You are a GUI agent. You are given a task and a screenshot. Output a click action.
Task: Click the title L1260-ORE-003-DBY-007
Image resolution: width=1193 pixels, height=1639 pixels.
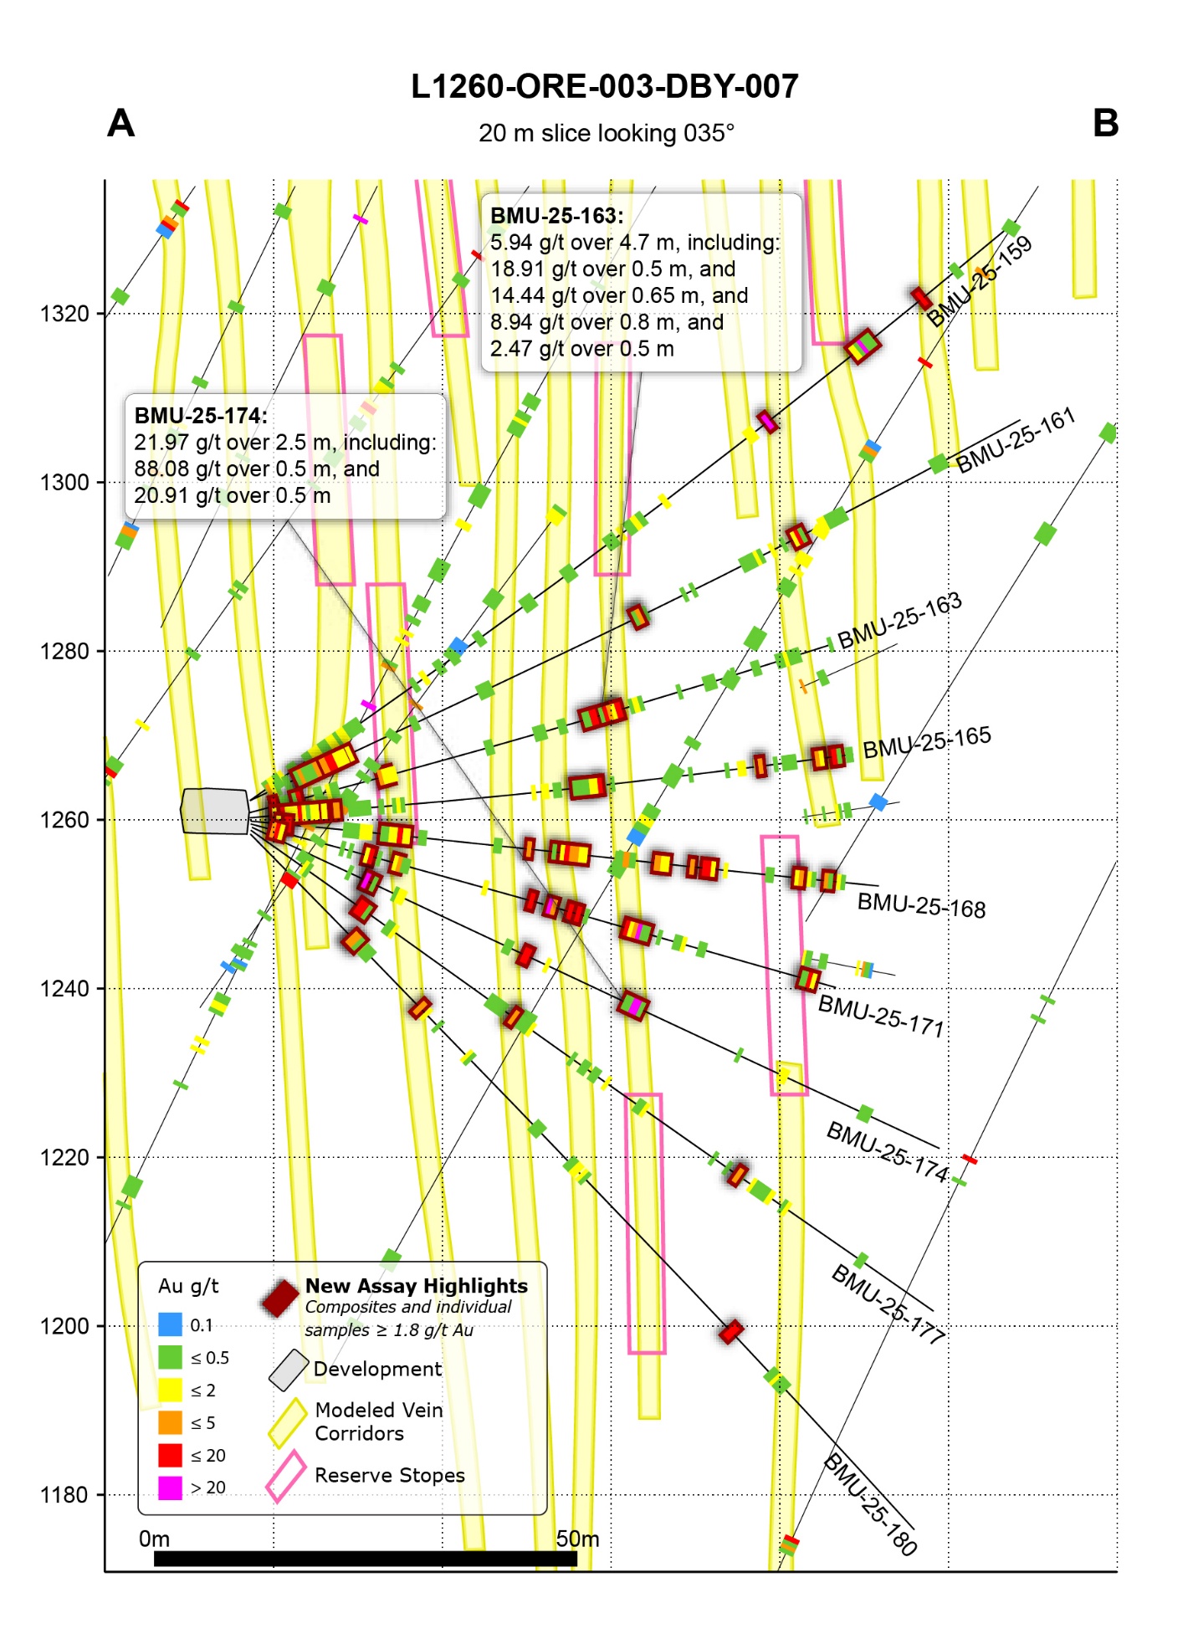tap(604, 87)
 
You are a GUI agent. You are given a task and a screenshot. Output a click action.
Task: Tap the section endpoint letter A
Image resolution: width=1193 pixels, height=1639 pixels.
tap(121, 124)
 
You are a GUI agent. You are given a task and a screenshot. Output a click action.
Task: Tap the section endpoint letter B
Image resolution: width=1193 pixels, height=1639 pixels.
tap(1105, 124)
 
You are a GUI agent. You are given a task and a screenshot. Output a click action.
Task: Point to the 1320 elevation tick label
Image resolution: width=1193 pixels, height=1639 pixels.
tap(64, 315)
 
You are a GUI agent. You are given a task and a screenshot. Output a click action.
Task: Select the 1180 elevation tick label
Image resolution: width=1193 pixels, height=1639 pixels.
tap(64, 1495)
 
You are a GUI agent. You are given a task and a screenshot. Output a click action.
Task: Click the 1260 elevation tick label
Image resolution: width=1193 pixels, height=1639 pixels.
tap(64, 820)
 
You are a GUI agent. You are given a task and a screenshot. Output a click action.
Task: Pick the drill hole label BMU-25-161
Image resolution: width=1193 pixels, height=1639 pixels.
tap(1015, 441)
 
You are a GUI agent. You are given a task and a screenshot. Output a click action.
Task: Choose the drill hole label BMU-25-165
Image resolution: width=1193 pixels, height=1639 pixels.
tap(927, 742)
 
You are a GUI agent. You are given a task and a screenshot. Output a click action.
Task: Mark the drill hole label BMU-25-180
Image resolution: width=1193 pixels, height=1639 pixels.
tap(870, 1504)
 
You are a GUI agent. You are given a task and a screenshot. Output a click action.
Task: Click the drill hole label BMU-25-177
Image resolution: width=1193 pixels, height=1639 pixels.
tap(888, 1304)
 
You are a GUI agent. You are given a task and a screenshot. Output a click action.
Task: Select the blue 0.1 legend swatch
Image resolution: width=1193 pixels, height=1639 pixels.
tap(170, 1324)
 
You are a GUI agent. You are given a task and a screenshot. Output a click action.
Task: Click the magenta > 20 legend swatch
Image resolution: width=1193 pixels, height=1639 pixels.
tap(170, 1488)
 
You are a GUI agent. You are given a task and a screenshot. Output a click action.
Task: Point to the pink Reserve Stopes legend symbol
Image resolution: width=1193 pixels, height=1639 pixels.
tap(286, 1476)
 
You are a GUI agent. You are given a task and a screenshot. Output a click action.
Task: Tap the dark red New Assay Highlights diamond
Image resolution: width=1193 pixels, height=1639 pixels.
tap(280, 1298)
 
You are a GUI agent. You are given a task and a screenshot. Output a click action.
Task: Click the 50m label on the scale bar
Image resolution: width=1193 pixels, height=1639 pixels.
tap(577, 1539)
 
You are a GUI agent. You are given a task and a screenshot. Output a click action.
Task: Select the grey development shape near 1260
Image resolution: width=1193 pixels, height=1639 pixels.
tap(215, 811)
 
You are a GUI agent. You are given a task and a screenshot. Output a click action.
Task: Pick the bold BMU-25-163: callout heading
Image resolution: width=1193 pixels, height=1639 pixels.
tap(556, 216)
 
